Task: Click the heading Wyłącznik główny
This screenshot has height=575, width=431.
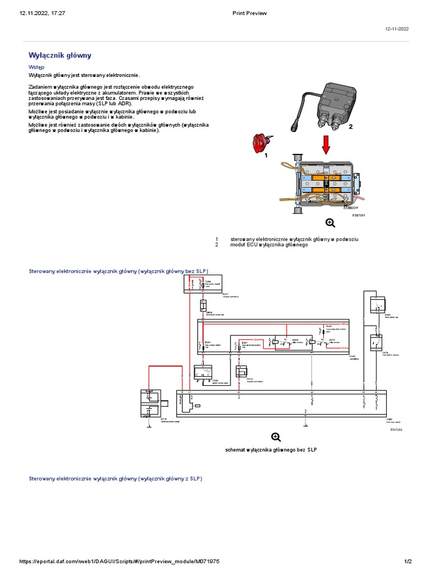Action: (x=59, y=56)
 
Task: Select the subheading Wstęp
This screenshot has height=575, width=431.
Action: (x=37, y=67)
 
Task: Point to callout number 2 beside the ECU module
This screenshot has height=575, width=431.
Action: (x=351, y=127)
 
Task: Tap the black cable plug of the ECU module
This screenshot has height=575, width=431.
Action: (x=295, y=124)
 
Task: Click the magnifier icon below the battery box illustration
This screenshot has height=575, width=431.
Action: (x=331, y=223)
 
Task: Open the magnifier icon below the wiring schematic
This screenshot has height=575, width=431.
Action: (x=276, y=437)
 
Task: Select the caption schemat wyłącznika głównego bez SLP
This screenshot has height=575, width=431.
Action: (x=271, y=450)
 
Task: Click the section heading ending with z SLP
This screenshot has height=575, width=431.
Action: (x=115, y=478)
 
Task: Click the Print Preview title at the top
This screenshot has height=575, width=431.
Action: (x=249, y=13)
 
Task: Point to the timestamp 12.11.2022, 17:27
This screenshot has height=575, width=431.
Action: (x=43, y=13)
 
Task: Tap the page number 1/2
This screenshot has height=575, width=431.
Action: (x=408, y=562)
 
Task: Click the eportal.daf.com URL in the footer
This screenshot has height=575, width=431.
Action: (x=119, y=562)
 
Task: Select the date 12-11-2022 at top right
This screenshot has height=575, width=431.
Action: (x=396, y=29)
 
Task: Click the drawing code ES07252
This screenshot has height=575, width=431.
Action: (x=396, y=430)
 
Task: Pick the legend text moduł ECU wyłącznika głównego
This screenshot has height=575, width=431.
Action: (x=269, y=245)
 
